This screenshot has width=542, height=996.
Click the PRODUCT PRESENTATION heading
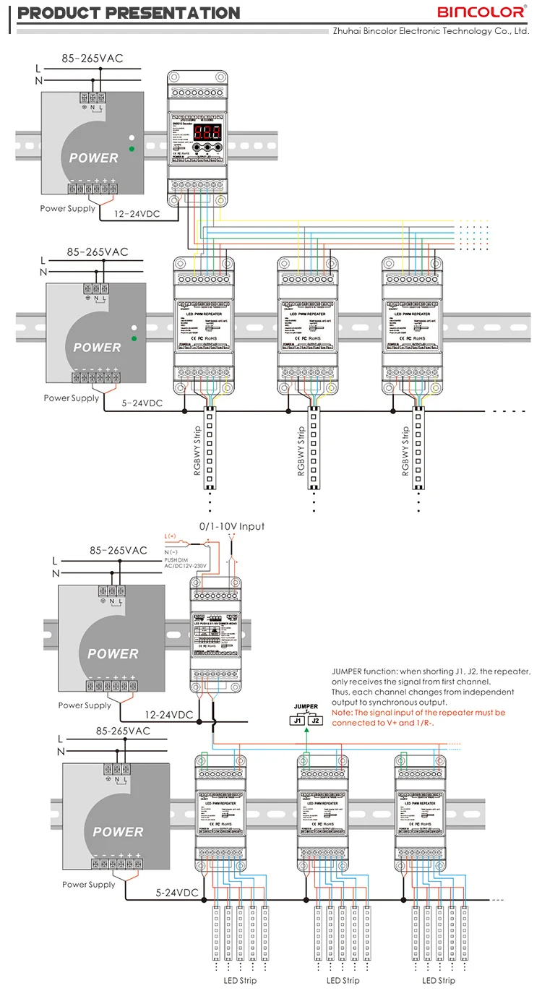coord(128,13)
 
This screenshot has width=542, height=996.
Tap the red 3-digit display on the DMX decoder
coord(198,134)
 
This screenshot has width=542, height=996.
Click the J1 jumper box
coord(296,720)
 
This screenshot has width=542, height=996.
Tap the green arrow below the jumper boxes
coord(306,731)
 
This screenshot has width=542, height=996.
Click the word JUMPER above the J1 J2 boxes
coord(306,706)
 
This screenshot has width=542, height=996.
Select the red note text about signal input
coord(418,717)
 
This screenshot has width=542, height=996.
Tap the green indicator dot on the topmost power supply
coord(131,149)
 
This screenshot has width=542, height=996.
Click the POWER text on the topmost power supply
coord(93,158)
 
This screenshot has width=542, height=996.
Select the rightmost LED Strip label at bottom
coord(439,981)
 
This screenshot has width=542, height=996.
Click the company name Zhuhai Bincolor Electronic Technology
coord(430,31)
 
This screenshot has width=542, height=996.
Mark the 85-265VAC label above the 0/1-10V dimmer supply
coord(119,551)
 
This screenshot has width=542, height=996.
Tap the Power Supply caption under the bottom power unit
coord(89,884)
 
